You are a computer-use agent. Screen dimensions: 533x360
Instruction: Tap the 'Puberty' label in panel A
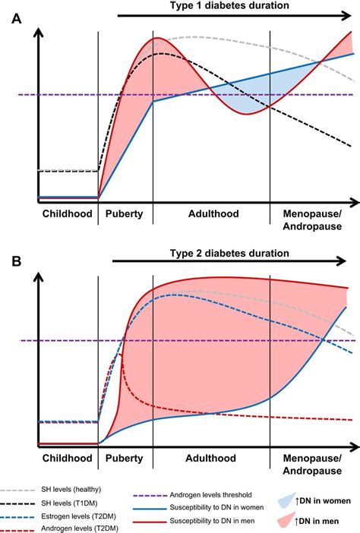click(x=125, y=214)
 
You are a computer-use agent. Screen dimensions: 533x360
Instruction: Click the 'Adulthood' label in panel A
click(x=212, y=214)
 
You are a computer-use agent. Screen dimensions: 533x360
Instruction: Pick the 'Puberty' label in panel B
click(x=125, y=459)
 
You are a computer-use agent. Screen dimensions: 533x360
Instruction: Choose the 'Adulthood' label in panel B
click(x=212, y=459)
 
